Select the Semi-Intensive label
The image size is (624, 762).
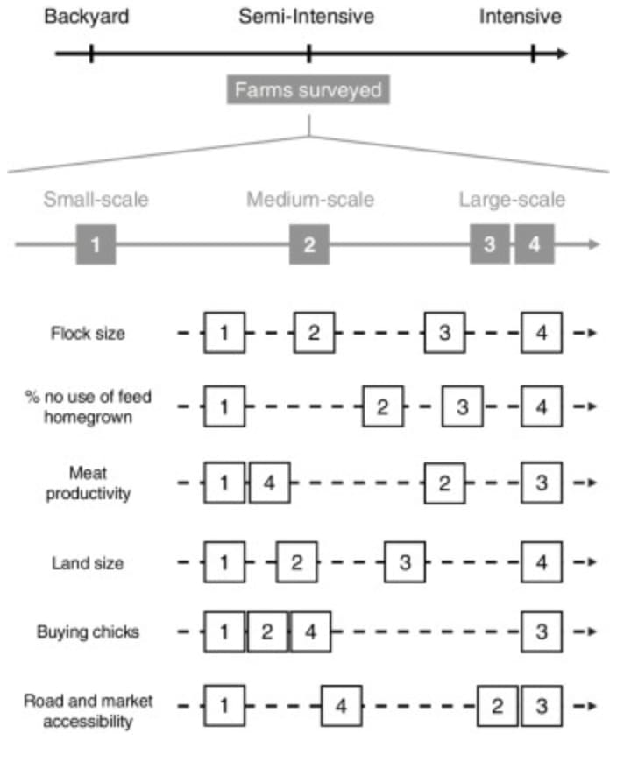click(x=307, y=17)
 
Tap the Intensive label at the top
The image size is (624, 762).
click(x=521, y=17)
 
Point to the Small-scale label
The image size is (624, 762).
click(x=96, y=200)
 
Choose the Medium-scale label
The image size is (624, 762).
click(x=310, y=200)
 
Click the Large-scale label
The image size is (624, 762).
click(x=513, y=200)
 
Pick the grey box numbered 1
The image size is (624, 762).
click(x=96, y=245)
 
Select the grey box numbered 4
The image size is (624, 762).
click(x=535, y=245)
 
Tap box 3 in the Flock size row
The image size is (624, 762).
click(x=445, y=333)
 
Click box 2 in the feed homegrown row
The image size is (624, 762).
click(x=383, y=407)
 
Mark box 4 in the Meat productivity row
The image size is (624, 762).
click(x=269, y=483)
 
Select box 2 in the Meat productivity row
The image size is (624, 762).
click(x=445, y=483)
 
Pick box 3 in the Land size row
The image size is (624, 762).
click(x=405, y=562)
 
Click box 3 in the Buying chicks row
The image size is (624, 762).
click(x=542, y=631)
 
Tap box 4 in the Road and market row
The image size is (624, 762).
click(x=342, y=706)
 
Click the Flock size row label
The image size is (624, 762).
click(x=87, y=333)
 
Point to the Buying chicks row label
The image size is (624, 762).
click(x=87, y=631)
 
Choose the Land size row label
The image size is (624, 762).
click(x=87, y=562)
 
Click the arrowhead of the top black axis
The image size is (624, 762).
click(x=561, y=54)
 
